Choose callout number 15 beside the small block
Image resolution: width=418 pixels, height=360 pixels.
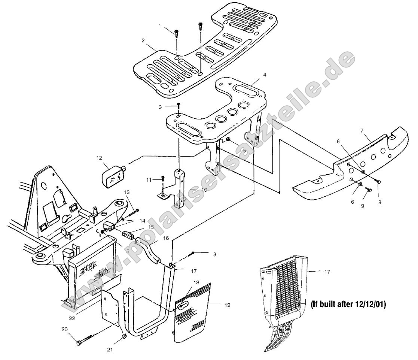(x=151, y=227)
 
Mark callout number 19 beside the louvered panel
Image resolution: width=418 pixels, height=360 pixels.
(x=228, y=305)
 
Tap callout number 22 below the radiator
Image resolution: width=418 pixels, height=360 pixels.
(x=72, y=318)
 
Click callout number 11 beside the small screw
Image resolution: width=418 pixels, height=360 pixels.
(x=149, y=180)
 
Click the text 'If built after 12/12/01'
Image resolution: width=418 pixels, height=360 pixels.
(x=348, y=304)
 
